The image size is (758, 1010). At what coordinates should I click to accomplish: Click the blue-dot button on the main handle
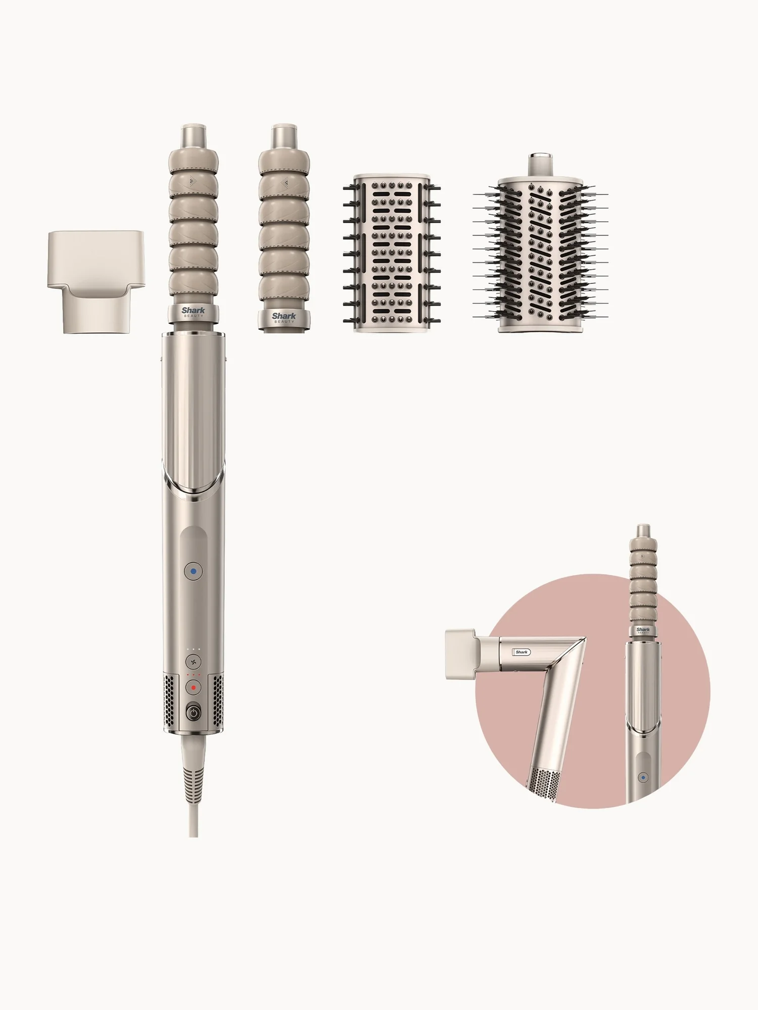[x=193, y=572]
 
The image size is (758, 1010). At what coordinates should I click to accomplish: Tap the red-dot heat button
[x=193, y=688]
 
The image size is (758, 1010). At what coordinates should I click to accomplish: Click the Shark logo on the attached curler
[x=194, y=311]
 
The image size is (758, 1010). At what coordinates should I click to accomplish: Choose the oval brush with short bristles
[x=392, y=254]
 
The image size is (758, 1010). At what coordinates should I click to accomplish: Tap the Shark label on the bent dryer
[x=522, y=652]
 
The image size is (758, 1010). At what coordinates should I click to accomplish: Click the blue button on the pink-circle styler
[x=643, y=778]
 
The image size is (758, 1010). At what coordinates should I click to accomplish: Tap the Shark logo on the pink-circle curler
[x=643, y=630]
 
